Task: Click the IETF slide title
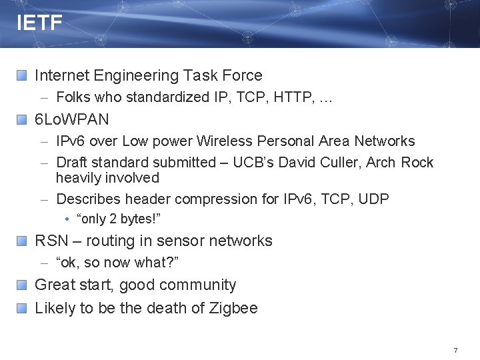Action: pyautogui.click(x=39, y=24)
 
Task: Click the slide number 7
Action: pyautogui.click(x=455, y=350)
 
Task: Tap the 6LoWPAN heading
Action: pyautogui.click(x=71, y=120)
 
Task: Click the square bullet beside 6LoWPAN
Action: pyautogui.click(x=22, y=121)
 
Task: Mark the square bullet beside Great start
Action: pyautogui.click(x=22, y=285)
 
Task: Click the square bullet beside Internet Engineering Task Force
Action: pyautogui.click(x=22, y=77)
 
